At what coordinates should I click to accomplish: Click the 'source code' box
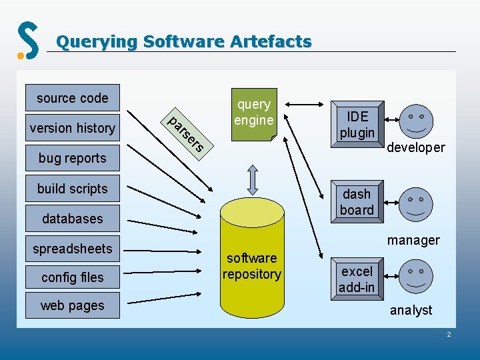(72, 98)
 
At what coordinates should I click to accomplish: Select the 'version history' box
(72, 128)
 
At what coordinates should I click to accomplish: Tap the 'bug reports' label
(72, 158)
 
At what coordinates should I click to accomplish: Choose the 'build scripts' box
(72, 189)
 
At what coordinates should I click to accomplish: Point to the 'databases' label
(72, 219)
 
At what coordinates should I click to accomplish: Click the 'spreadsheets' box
(72, 249)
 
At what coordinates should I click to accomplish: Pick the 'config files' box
(72, 277)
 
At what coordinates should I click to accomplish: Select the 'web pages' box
(72, 305)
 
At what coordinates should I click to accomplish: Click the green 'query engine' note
(253, 113)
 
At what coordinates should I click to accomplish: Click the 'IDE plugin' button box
(357, 124)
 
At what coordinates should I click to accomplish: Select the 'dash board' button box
(357, 202)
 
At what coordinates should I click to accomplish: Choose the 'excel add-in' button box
(357, 279)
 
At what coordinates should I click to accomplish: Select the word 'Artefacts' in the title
(271, 42)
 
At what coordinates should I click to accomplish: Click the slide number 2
(449, 333)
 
